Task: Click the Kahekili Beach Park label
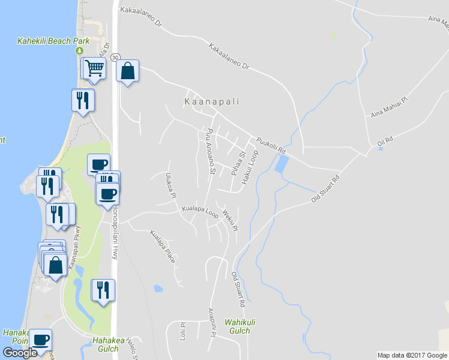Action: click(x=53, y=41)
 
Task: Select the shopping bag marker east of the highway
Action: click(x=127, y=71)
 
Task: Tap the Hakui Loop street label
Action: click(x=250, y=167)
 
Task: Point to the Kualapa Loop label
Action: click(x=200, y=211)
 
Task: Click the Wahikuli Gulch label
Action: click(x=237, y=326)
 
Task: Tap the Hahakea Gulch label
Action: click(x=109, y=344)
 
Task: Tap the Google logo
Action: click(x=20, y=353)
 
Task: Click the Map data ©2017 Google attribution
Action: click(x=412, y=355)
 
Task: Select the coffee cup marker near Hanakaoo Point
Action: click(x=41, y=339)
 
